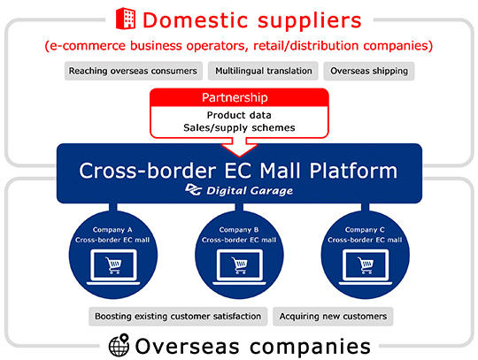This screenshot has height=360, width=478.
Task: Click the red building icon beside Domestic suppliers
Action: click(x=126, y=19)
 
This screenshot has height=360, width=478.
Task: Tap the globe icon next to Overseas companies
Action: click(x=119, y=345)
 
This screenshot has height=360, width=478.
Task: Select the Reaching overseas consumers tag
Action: click(x=133, y=71)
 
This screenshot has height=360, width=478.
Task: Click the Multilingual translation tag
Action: click(x=264, y=71)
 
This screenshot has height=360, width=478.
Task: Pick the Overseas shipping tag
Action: click(x=369, y=71)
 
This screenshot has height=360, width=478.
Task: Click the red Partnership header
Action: click(x=239, y=97)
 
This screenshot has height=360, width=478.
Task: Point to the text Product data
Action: click(x=239, y=115)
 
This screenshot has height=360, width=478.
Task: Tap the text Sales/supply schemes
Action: click(x=239, y=127)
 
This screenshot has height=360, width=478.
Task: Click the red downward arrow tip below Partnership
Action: click(x=239, y=157)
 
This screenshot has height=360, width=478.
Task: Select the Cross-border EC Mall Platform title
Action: click(x=238, y=171)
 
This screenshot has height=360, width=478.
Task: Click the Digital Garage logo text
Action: click(x=250, y=191)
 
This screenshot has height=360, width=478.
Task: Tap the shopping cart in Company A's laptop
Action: click(x=113, y=265)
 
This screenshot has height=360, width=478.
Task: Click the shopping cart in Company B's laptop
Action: click(x=239, y=265)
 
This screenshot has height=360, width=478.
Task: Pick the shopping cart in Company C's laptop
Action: click(x=366, y=265)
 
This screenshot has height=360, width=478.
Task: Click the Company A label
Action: click(x=112, y=230)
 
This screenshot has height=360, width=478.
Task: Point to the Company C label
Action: click(x=365, y=230)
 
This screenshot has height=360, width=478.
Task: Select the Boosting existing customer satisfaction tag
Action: click(x=178, y=317)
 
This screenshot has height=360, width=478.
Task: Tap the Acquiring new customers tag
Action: click(x=333, y=317)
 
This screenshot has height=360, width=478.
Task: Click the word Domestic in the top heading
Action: click(x=195, y=20)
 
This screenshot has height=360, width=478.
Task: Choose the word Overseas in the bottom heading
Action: click(x=187, y=347)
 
